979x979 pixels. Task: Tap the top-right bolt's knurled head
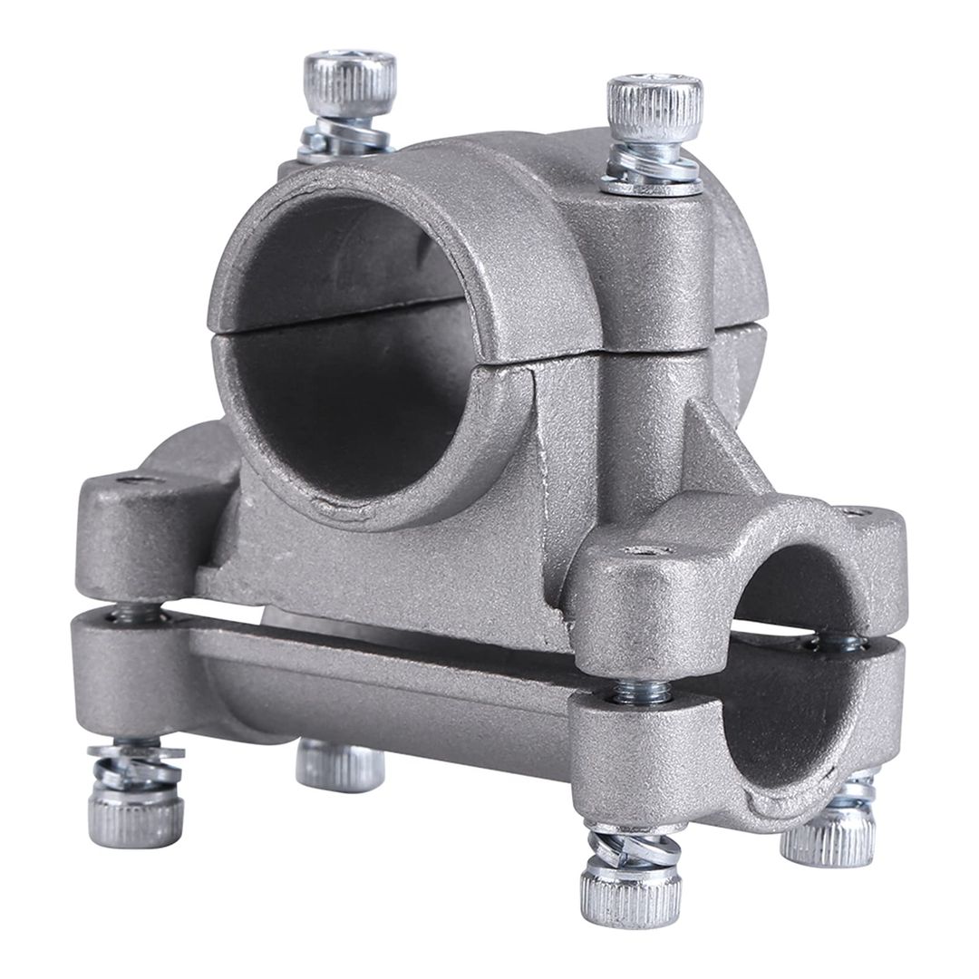pyautogui.click(x=654, y=107)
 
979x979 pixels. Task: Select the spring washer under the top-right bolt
pyautogui.click(x=653, y=167)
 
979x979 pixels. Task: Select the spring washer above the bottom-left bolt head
pyautogui.click(x=136, y=766)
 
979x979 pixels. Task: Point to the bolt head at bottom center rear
pyautogui.click(x=340, y=766)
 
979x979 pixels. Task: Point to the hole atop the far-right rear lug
pyautogui.click(x=853, y=512)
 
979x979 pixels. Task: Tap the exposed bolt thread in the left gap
pyautogui.click(x=136, y=615)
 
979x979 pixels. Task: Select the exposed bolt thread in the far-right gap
pyautogui.click(x=838, y=642)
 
